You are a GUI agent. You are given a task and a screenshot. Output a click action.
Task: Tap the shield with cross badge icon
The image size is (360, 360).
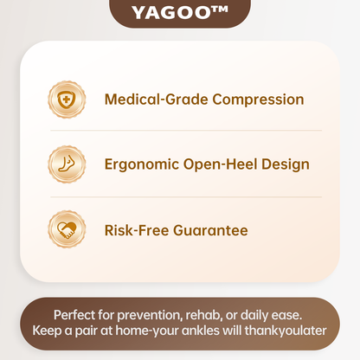click(x=67, y=100)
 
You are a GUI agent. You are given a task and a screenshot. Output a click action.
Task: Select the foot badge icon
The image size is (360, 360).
click(x=67, y=164)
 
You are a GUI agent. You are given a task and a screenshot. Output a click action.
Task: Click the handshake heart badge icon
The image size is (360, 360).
click(x=67, y=229)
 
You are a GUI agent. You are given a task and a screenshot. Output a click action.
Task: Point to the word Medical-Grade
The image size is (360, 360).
click(x=157, y=100)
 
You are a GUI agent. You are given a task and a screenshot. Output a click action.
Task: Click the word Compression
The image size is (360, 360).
click(x=258, y=100)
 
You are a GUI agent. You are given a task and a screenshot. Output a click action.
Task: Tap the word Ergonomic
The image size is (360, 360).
click(x=142, y=164)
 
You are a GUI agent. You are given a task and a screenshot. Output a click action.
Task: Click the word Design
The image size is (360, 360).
click(x=286, y=164)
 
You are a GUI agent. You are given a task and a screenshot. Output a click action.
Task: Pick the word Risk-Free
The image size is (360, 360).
click(x=137, y=230)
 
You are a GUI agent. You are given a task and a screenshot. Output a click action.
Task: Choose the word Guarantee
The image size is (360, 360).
click(x=210, y=230)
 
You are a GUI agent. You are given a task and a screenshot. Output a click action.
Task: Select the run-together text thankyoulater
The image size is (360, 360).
click(x=286, y=331)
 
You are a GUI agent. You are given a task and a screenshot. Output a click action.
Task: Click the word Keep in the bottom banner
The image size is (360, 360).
click(x=47, y=331)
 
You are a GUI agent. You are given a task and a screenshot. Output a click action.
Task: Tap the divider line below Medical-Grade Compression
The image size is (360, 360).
click(x=186, y=131)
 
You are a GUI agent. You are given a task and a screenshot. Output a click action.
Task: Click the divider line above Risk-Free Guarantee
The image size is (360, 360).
click(x=186, y=197)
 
